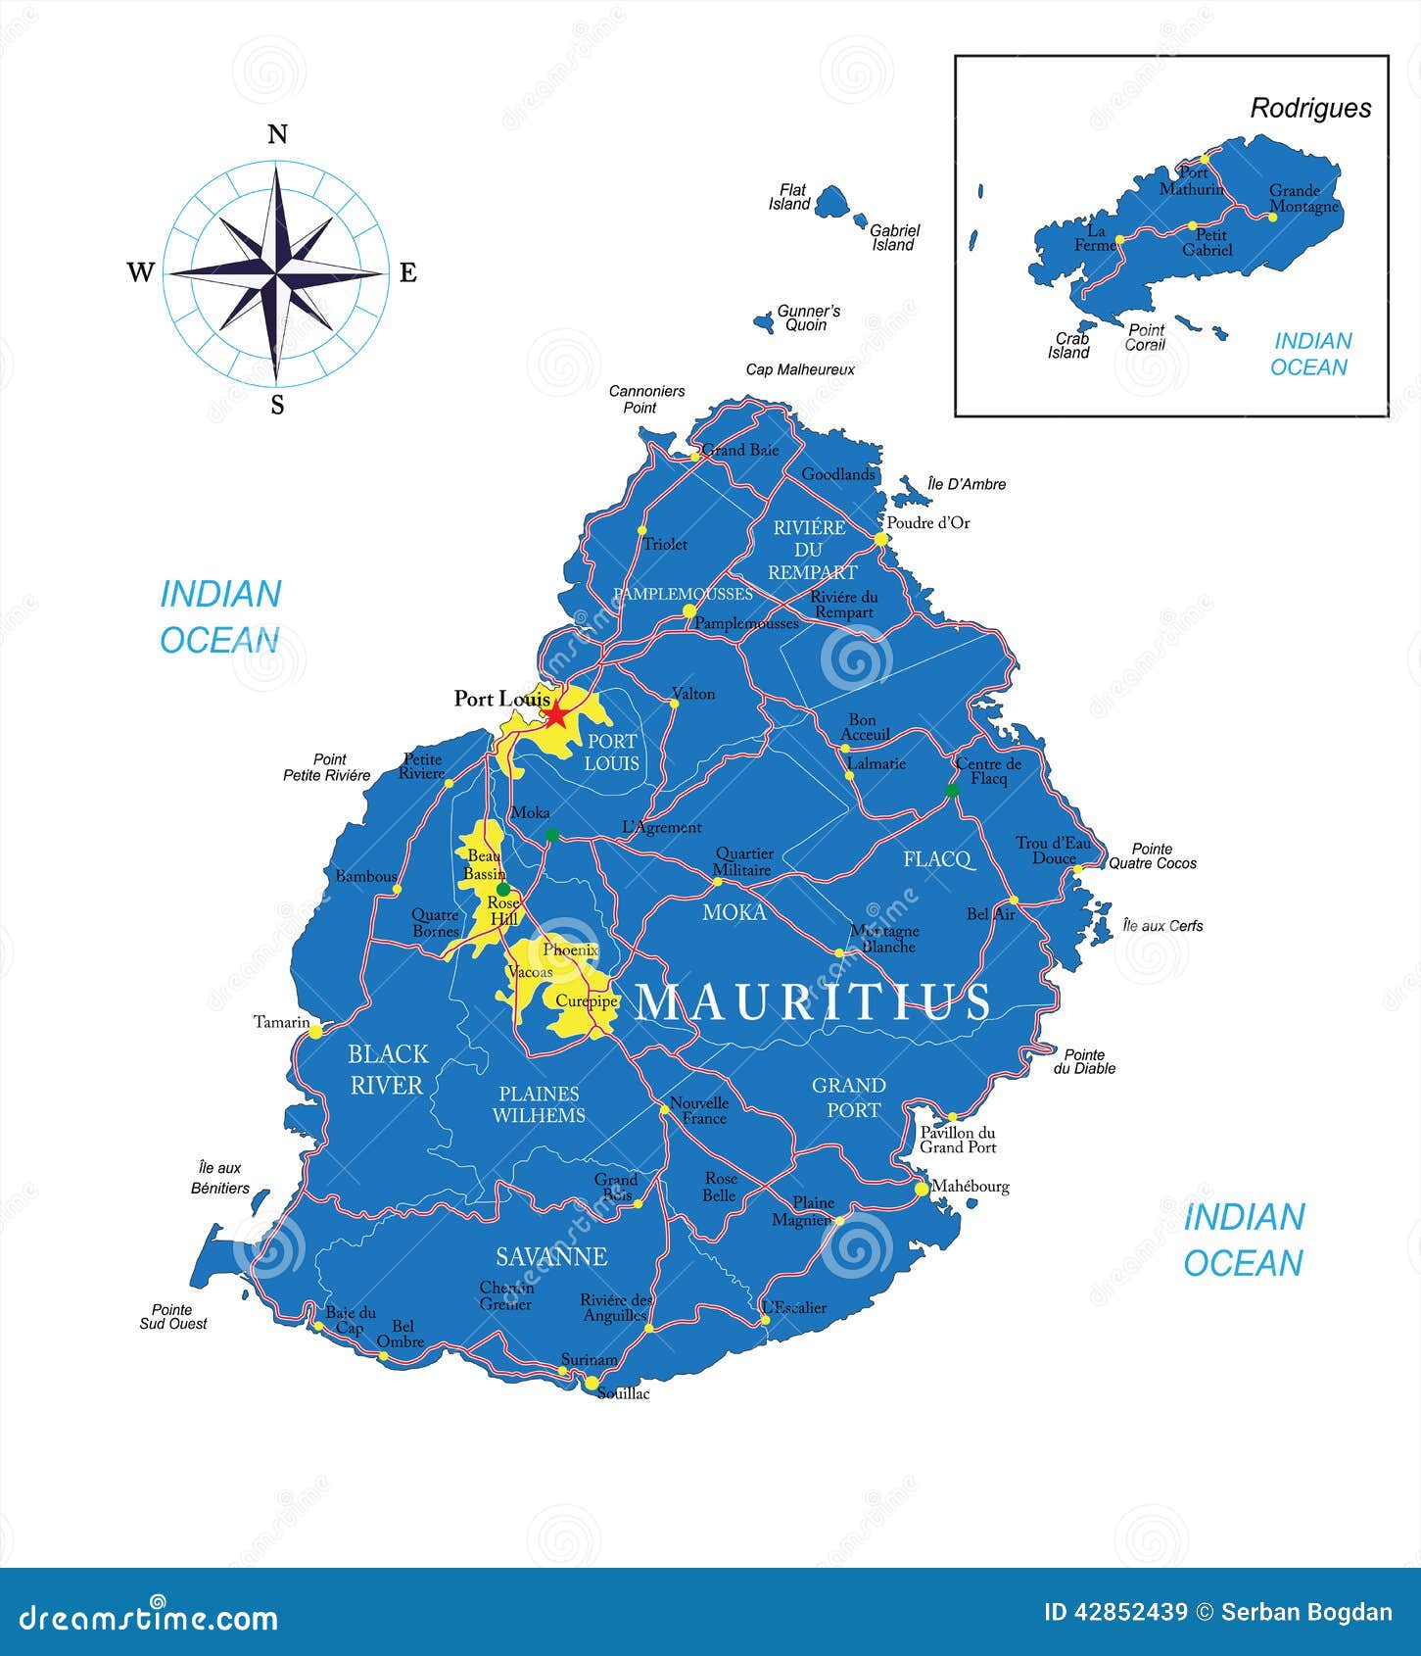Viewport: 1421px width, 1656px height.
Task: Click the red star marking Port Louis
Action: [x=556, y=713]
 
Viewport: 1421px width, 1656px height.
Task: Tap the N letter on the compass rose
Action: [x=277, y=134]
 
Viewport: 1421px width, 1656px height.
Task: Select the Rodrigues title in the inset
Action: [x=1310, y=109]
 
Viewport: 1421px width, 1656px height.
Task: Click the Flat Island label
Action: [x=789, y=197]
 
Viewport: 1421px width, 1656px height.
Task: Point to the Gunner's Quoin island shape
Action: [x=763, y=320]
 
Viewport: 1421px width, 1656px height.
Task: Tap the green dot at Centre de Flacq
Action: [x=951, y=790]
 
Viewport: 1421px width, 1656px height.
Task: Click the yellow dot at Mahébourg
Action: [x=921, y=1189]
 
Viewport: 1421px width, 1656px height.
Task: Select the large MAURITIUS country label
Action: [x=813, y=1001]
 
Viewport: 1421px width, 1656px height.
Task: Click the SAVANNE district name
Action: [x=551, y=1256]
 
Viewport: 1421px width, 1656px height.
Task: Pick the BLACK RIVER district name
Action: [x=387, y=1069]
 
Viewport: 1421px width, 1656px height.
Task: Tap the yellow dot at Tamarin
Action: [x=315, y=1031]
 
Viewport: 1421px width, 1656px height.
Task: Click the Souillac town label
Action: [x=623, y=1392]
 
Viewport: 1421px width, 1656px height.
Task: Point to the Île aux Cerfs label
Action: [x=1162, y=925]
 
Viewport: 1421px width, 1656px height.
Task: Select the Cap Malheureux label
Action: [x=800, y=369]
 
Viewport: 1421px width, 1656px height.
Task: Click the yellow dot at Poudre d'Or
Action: [x=879, y=539]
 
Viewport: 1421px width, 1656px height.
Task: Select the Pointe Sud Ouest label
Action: [x=172, y=1316]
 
